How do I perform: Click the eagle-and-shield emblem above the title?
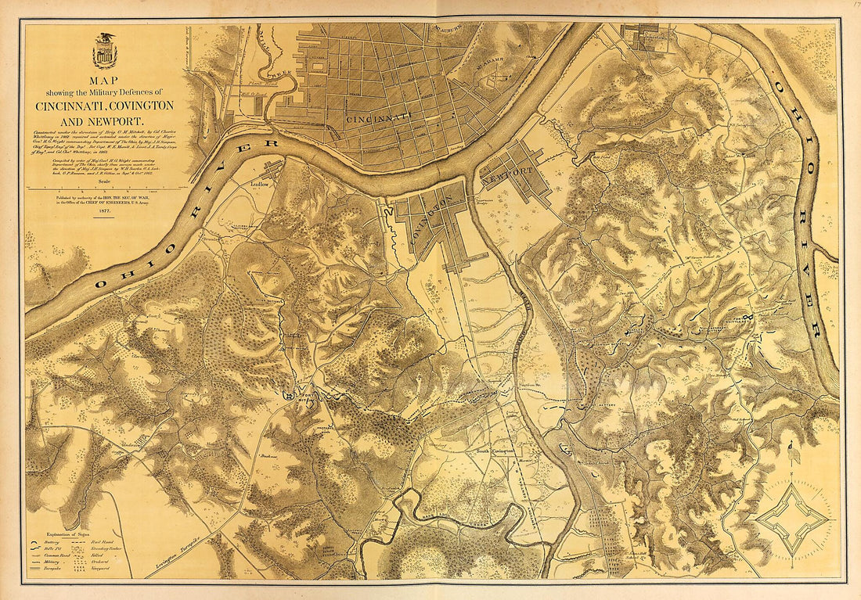(x=104, y=52)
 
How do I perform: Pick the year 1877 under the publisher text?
(x=104, y=212)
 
